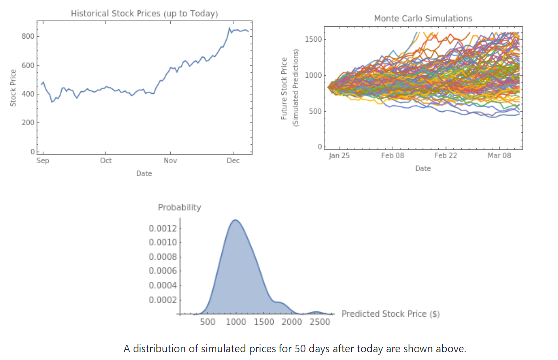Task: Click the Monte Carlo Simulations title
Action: point(423,18)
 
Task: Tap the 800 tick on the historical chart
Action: point(28,36)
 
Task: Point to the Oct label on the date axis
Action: point(106,160)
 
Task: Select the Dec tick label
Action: point(233,160)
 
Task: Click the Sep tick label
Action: point(43,160)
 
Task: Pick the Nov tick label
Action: point(170,160)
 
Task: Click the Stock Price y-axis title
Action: point(13,87)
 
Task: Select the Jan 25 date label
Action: point(339,155)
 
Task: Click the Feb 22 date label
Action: point(445,155)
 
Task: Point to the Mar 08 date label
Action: point(500,155)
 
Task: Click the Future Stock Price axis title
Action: point(285,88)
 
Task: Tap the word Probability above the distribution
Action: point(179,207)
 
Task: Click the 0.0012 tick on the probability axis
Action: point(162,229)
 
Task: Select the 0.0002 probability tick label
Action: point(162,300)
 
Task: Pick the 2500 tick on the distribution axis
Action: point(319,322)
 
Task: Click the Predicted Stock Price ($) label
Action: point(391,314)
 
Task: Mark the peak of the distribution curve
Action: point(235,220)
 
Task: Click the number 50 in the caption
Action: point(300,348)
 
